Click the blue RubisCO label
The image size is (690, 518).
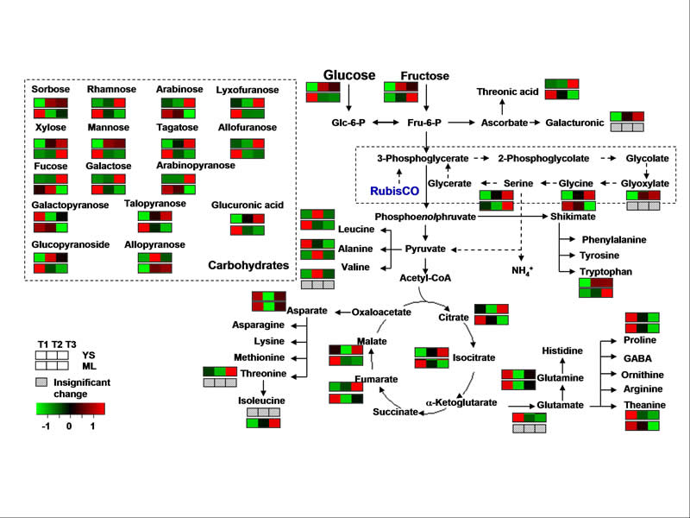coord(390,190)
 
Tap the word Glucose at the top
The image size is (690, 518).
coord(349,75)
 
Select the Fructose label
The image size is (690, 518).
coord(425,76)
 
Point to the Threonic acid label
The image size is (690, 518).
coord(507,92)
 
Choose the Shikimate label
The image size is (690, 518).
coord(574,217)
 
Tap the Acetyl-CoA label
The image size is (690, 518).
coord(425,278)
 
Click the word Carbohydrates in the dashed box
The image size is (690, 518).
coord(248,265)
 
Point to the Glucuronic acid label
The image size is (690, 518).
coord(248,205)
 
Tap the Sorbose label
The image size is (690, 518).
coord(51,89)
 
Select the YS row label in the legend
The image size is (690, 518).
coord(89,354)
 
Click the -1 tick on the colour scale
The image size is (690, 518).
coord(46,426)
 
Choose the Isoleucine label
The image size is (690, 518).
coord(262,401)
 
